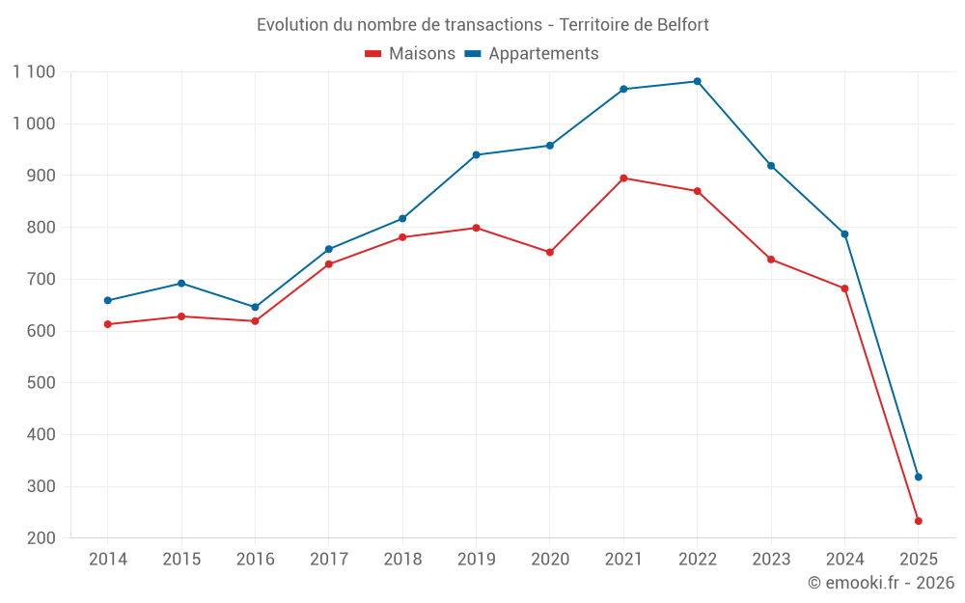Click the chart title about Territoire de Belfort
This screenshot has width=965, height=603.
(482, 24)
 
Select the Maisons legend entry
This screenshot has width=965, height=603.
(410, 54)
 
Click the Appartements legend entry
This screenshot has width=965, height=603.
(532, 54)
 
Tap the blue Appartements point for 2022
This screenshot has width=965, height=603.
(697, 81)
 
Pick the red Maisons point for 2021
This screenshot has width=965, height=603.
(623, 178)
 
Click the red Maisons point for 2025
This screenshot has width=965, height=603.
(918, 521)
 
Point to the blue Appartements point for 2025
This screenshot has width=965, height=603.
(918, 477)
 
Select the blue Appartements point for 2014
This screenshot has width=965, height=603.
(107, 300)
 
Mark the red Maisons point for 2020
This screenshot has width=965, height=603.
(550, 252)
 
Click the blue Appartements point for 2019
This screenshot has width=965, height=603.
(476, 154)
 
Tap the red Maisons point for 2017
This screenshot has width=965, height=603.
(329, 263)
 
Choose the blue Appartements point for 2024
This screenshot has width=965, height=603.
(844, 233)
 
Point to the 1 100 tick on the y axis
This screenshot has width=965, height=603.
(34, 72)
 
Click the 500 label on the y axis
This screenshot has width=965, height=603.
(41, 383)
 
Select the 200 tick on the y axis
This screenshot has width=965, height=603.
(41, 538)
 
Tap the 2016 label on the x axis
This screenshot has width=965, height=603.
(255, 560)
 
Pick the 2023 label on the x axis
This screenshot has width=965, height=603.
(770, 560)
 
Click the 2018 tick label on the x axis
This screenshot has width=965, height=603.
(402, 560)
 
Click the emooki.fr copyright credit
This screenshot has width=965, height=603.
(880, 583)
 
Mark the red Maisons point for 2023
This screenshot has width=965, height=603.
(770, 259)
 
